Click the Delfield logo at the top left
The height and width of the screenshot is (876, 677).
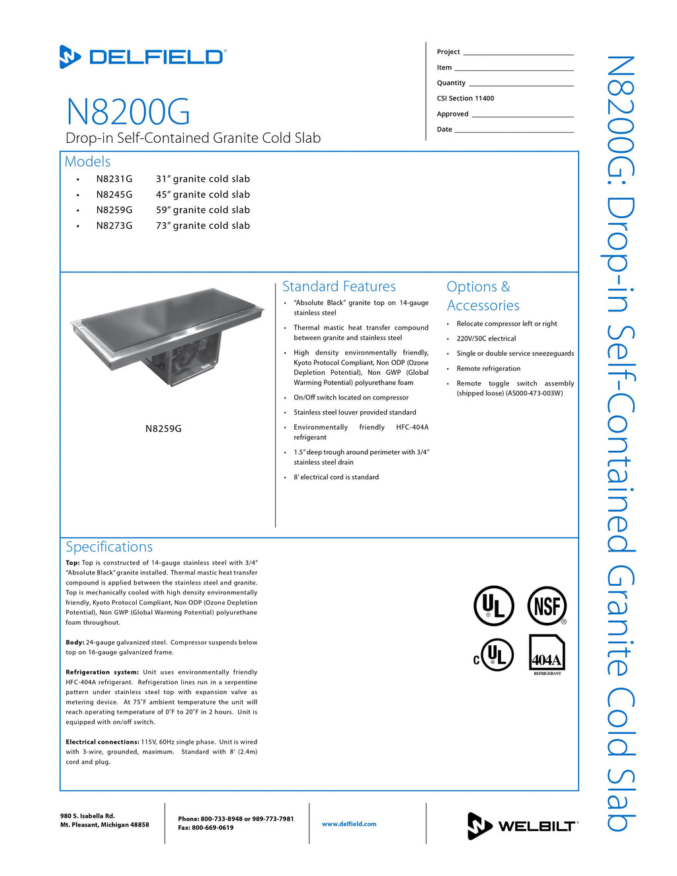tap(143, 57)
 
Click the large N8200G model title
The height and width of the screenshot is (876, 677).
tap(128, 112)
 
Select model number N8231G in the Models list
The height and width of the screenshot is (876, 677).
tap(114, 179)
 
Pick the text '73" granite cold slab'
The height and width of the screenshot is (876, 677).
tap(203, 225)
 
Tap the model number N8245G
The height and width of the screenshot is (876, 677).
tap(114, 194)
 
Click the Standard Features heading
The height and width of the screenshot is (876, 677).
tap(338, 286)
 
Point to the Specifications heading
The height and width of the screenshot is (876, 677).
tap(109, 547)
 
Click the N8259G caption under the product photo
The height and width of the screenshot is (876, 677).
tap(163, 428)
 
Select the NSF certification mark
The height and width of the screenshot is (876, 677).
tap(547, 606)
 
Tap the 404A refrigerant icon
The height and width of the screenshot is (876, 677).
tap(547, 655)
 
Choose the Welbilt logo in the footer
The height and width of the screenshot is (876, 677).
tap(522, 826)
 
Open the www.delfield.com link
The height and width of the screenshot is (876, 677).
tap(349, 824)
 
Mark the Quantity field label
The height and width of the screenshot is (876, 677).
tap(451, 83)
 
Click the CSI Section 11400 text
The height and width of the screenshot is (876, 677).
tap(465, 99)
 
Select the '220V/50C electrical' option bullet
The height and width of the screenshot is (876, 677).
tap(486, 338)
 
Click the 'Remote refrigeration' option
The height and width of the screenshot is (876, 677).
tap(489, 369)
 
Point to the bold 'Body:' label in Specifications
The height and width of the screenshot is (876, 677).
tap(75, 643)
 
